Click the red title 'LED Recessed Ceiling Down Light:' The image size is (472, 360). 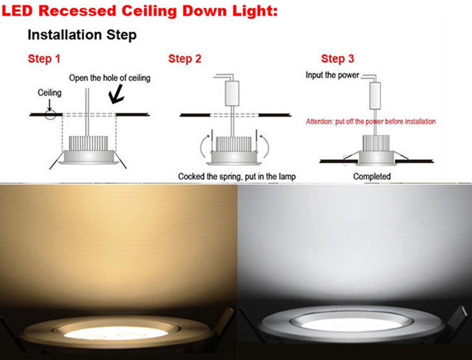140,10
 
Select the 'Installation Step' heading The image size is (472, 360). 82,35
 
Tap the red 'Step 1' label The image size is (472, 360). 44,59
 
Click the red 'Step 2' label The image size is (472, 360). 185,59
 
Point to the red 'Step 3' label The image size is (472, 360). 337,59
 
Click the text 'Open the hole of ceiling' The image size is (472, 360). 109,78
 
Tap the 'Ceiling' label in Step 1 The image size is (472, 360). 50,93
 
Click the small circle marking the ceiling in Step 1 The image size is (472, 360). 50,114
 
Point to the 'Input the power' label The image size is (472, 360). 332,76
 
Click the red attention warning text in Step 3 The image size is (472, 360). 371,121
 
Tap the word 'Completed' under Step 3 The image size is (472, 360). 372,176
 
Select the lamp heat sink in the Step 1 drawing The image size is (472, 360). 88,144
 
